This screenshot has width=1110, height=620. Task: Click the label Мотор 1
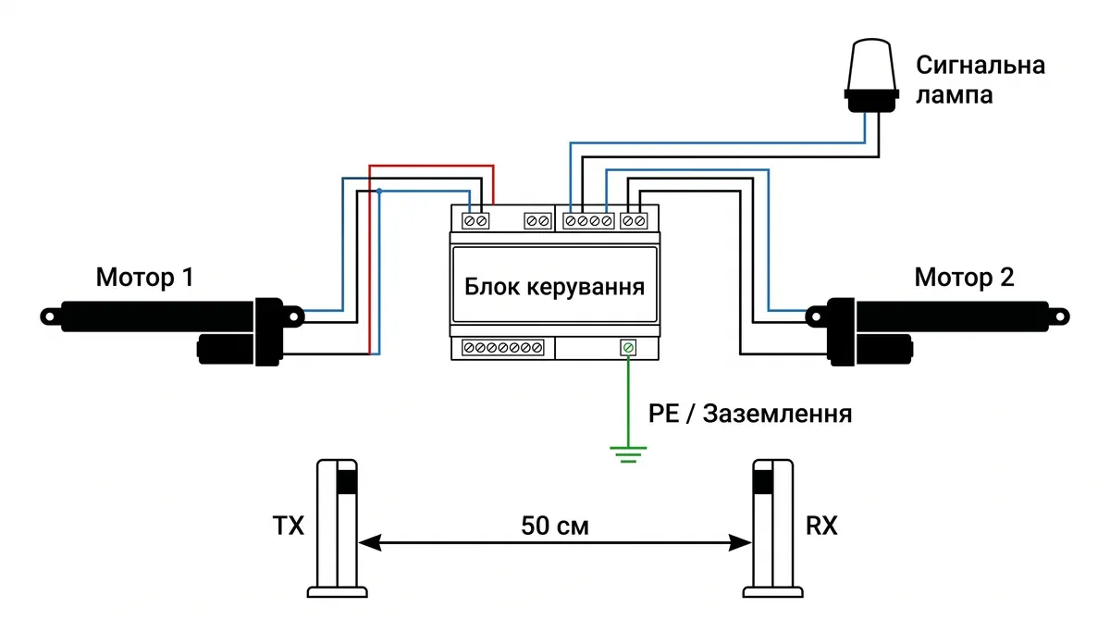click(144, 277)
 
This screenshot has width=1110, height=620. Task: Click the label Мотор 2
click(964, 277)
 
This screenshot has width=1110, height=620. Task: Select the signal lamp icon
click(872, 76)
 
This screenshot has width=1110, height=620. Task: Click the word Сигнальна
click(980, 65)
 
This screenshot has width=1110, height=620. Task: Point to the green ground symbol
click(628, 453)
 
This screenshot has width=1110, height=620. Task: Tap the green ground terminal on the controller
click(628, 348)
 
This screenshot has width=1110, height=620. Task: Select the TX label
click(289, 527)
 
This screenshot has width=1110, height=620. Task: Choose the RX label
click(821, 527)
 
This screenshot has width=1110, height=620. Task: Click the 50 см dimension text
click(554, 527)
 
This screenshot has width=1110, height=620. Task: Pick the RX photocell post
click(772, 527)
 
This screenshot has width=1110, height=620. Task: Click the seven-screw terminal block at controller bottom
click(502, 348)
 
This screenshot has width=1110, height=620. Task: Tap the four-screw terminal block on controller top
click(588, 221)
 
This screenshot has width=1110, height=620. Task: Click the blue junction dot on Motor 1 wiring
click(379, 192)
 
